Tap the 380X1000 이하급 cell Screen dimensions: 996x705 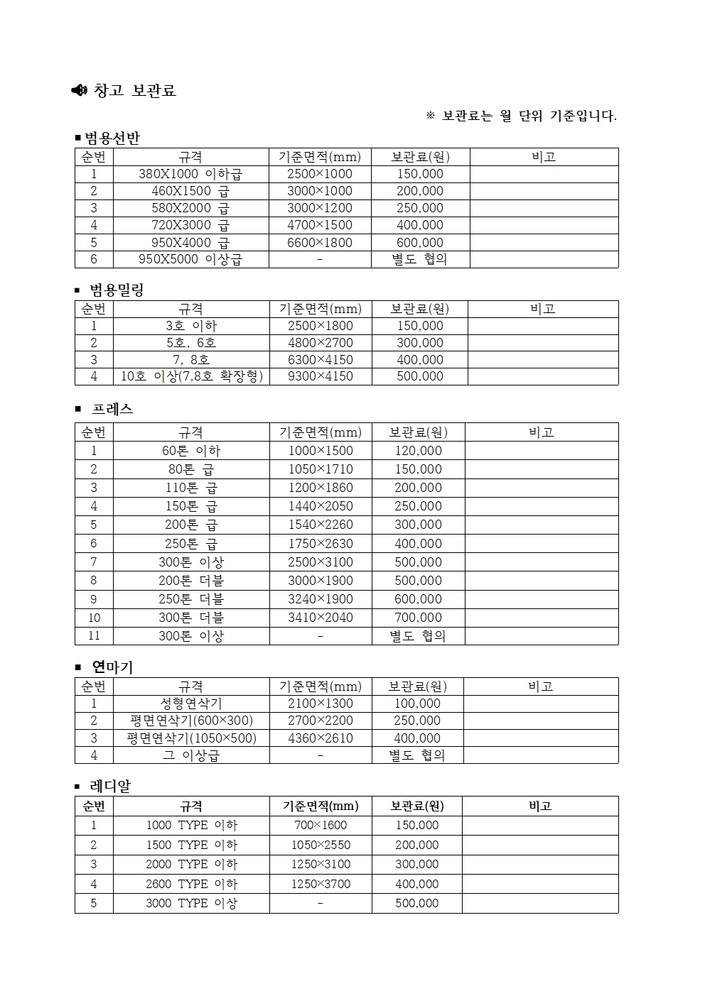click(x=190, y=174)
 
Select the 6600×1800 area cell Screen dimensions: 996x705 click(x=320, y=242)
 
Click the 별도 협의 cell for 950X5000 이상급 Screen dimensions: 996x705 click(x=420, y=259)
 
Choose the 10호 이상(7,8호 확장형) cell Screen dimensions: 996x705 click(x=191, y=376)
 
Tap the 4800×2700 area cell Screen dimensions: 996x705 click(x=320, y=343)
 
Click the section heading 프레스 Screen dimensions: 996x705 click(x=112, y=409)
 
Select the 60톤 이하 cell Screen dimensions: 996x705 click(x=191, y=451)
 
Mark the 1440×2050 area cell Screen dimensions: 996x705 click(x=321, y=506)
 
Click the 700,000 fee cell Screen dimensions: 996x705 click(x=418, y=618)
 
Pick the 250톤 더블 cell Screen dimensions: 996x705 click(x=191, y=599)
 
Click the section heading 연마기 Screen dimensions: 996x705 click(x=112, y=667)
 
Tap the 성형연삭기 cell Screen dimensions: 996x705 click(x=191, y=704)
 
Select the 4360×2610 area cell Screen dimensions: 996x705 click(x=321, y=738)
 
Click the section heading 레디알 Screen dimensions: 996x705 click(x=110, y=787)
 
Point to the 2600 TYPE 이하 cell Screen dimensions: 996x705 click(x=191, y=884)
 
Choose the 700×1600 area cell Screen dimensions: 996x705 click(x=321, y=825)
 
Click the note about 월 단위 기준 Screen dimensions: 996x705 click(x=522, y=116)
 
